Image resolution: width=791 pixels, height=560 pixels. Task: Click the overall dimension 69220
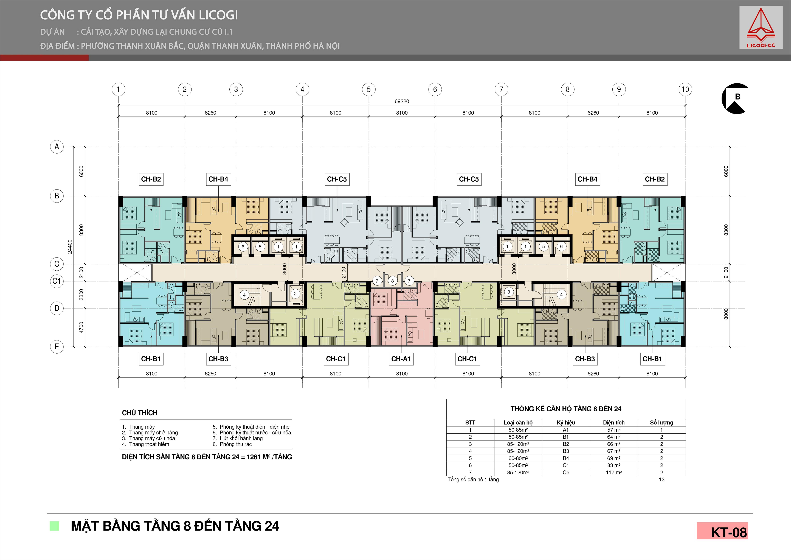tap(402, 101)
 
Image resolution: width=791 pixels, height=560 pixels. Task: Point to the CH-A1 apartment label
tap(401, 359)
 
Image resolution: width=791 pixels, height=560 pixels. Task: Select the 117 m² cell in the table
tap(613, 472)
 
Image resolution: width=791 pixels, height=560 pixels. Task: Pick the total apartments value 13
tap(661, 480)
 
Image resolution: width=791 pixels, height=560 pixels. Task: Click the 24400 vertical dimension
tap(70, 246)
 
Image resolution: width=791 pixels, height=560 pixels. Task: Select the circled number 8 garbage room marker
tap(392, 281)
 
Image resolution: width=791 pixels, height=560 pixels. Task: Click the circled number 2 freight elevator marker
tap(295, 294)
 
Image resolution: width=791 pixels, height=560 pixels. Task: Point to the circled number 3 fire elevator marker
tap(508, 292)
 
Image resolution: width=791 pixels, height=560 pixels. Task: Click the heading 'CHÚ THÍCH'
tap(140, 413)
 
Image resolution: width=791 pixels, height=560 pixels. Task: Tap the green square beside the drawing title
tap(54, 526)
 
